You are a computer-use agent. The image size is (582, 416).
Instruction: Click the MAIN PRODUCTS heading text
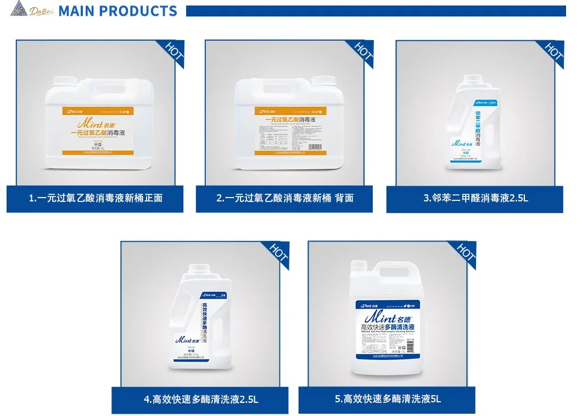[x=117, y=11]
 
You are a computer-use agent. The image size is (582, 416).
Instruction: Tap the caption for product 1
[x=96, y=198]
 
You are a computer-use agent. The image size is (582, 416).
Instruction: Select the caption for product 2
[x=284, y=198]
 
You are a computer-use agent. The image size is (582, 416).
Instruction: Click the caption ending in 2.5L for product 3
[x=475, y=198]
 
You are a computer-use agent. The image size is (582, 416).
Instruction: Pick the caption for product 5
[x=388, y=399]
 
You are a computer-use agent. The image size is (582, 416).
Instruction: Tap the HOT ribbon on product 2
[x=363, y=50]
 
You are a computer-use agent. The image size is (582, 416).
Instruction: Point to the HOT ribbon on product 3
[x=553, y=50]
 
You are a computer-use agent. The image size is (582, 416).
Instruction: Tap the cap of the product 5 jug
[x=360, y=266]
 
